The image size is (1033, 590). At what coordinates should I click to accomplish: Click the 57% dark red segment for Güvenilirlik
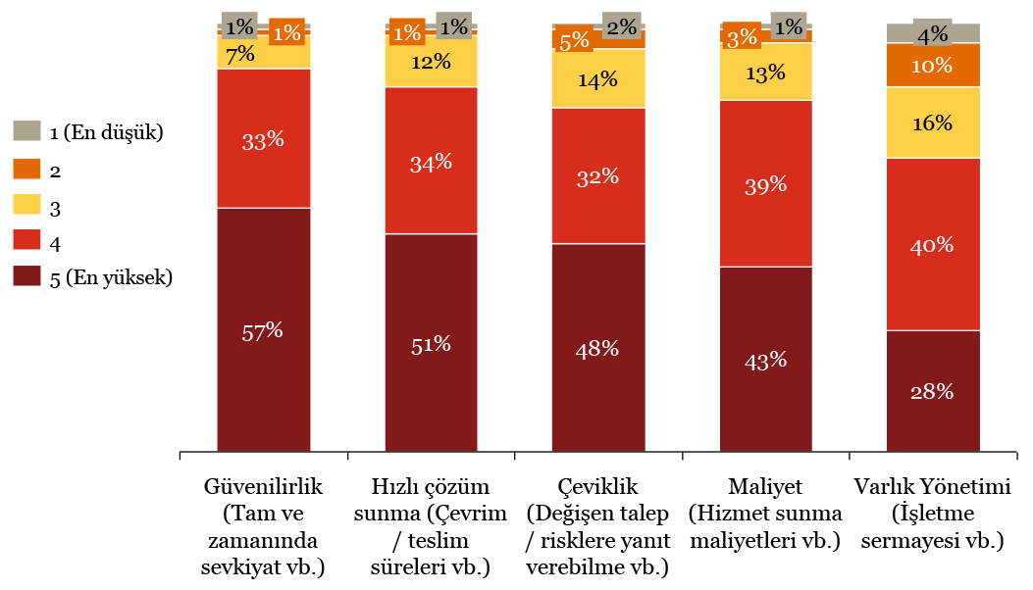tap(263, 330)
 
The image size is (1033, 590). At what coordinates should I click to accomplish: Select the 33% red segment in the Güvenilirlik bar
tap(263, 139)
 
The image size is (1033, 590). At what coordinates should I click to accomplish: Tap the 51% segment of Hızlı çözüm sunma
tap(431, 343)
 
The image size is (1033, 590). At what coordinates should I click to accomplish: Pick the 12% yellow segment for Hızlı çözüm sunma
tap(431, 63)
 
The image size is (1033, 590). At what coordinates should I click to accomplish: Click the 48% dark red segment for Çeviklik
tap(598, 348)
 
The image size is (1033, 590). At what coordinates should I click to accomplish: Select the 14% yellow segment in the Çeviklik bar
tap(598, 79)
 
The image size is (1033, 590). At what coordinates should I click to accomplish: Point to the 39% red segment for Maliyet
tap(766, 184)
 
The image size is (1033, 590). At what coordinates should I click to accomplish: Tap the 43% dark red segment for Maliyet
tap(766, 360)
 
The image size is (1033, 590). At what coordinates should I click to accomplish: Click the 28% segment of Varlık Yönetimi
tap(933, 391)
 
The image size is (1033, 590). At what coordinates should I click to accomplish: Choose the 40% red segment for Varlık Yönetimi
tap(933, 244)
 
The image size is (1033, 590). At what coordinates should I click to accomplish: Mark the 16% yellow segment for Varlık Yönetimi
tap(933, 123)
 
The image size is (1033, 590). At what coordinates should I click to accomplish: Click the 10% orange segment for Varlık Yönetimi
tap(933, 66)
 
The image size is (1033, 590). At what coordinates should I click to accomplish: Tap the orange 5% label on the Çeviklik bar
tap(575, 40)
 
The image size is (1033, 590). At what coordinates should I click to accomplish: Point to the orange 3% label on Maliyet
tap(742, 37)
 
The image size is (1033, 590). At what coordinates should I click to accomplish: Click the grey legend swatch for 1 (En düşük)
tap(26, 131)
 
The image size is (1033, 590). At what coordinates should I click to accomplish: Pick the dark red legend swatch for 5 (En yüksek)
tap(26, 277)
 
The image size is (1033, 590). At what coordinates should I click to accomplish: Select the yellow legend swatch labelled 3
tap(26, 204)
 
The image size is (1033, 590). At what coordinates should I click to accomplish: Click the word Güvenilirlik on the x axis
tap(263, 486)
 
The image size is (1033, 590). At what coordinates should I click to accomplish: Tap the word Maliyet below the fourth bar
tap(766, 486)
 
